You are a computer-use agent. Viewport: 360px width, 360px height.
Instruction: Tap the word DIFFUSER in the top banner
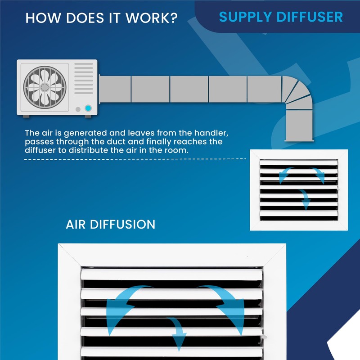tap(310, 17)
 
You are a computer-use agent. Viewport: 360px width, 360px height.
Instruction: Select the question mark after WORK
tap(174, 18)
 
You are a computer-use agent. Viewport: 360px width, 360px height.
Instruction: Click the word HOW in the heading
tap(43, 18)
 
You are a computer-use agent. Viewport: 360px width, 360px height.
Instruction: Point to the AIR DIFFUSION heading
tap(110, 224)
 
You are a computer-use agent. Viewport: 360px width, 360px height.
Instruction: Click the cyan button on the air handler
tap(88, 108)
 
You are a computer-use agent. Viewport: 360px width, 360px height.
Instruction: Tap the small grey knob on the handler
tap(78, 109)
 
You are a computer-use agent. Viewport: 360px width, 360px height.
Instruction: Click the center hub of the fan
tap(45, 87)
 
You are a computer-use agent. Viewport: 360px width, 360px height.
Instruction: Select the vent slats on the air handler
tap(84, 78)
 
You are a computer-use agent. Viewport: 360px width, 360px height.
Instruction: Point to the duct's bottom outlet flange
tap(299, 140)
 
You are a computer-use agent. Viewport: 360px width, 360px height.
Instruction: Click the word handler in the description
tap(211, 133)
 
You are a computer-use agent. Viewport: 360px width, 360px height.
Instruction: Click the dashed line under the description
tap(135, 159)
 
